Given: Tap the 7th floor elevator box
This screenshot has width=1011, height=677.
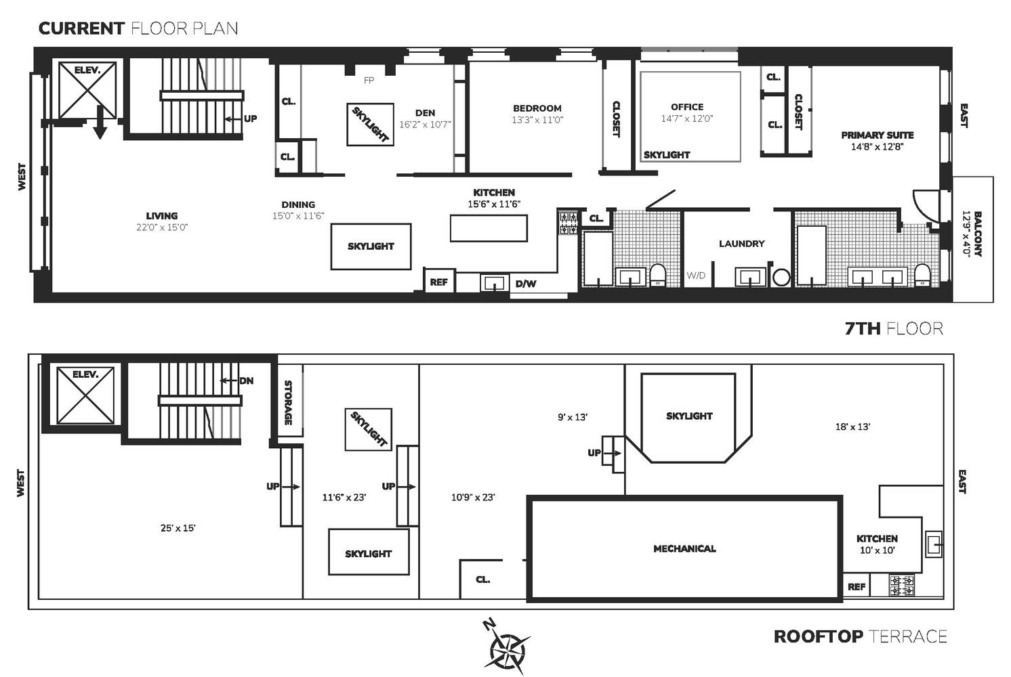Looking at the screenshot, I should pyautogui.click(x=87, y=90).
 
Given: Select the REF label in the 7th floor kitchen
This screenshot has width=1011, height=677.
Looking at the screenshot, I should pyautogui.click(x=438, y=282).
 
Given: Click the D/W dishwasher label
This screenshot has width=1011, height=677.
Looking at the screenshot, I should pyautogui.click(x=525, y=284).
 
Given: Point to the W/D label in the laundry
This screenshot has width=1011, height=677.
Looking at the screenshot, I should pyautogui.click(x=696, y=276).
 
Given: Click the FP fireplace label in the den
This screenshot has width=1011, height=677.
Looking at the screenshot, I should pyautogui.click(x=369, y=81).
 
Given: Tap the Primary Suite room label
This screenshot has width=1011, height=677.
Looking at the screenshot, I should pyautogui.click(x=877, y=135).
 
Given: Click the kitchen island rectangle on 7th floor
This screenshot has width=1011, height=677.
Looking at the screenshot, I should pyautogui.click(x=489, y=228).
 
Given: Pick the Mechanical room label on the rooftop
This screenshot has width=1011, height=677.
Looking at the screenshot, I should pyautogui.click(x=684, y=548).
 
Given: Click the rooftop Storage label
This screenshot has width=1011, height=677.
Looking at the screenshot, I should pyautogui.click(x=289, y=403).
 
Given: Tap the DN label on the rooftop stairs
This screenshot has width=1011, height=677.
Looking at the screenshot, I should pyautogui.click(x=246, y=381).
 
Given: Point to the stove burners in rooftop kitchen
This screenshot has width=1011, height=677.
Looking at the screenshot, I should pyautogui.click(x=902, y=585).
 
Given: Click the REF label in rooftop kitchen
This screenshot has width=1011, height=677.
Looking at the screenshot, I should pyautogui.click(x=857, y=587).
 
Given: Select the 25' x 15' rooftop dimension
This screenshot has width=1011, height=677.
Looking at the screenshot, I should pyautogui.click(x=178, y=528).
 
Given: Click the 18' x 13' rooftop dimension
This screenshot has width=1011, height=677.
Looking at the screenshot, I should pyautogui.click(x=852, y=427).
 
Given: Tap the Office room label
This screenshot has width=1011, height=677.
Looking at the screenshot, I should pyautogui.click(x=687, y=107).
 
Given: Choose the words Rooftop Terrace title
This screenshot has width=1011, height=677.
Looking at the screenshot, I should pyautogui.click(x=860, y=636).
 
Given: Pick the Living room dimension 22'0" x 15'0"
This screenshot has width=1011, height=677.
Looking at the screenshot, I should pyautogui.click(x=162, y=227).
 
